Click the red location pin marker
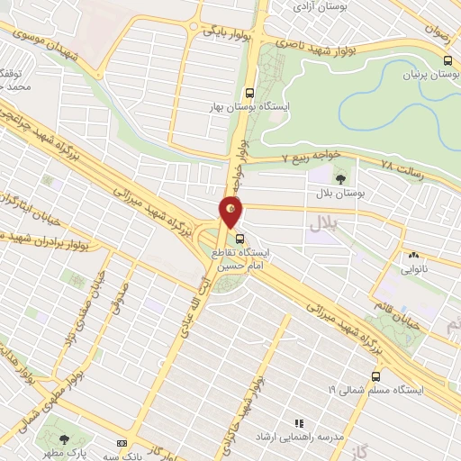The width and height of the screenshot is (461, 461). point(231,211)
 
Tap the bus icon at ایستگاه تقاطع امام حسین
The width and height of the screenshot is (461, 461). point(240,240)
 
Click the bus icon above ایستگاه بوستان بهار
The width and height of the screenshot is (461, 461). point(250,92)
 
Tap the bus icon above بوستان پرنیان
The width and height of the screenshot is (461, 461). point(447,59)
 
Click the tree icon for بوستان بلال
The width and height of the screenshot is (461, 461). point(340,177)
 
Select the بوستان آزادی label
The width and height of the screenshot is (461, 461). point(321,5)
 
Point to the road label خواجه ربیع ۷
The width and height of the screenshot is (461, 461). point(285,160)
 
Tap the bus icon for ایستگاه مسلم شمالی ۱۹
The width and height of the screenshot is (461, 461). point(375,375)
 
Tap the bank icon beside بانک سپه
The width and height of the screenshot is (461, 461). point(122,443)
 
